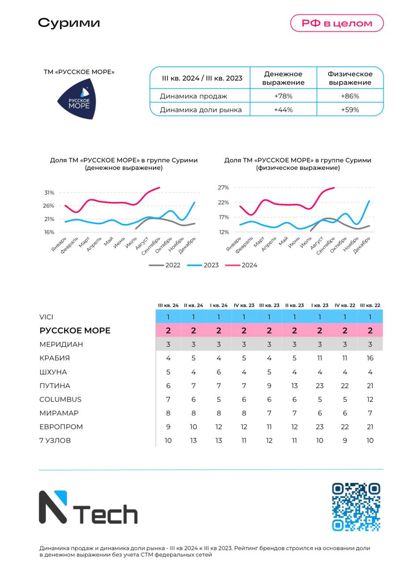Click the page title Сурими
tap(69, 23)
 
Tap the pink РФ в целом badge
tap(337, 23)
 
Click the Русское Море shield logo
tap(77, 99)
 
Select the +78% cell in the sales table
tap(283, 96)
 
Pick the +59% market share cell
tap(350, 110)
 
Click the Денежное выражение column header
tap(283, 78)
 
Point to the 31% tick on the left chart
tap(49, 193)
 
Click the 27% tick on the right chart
tap(223, 187)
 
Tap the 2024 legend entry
tap(241, 265)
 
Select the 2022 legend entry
tap(165, 265)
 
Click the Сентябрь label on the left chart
tap(151, 246)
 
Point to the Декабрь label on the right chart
tap(362, 245)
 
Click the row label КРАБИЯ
tap(55, 358)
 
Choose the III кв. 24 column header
tap(168, 305)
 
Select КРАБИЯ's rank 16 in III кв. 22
tap(370, 358)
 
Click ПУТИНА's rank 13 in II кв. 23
tap(294, 386)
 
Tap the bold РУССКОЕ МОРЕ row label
tap(75, 330)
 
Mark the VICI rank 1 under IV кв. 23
tap(244, 317)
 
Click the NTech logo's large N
tap(53, 507)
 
